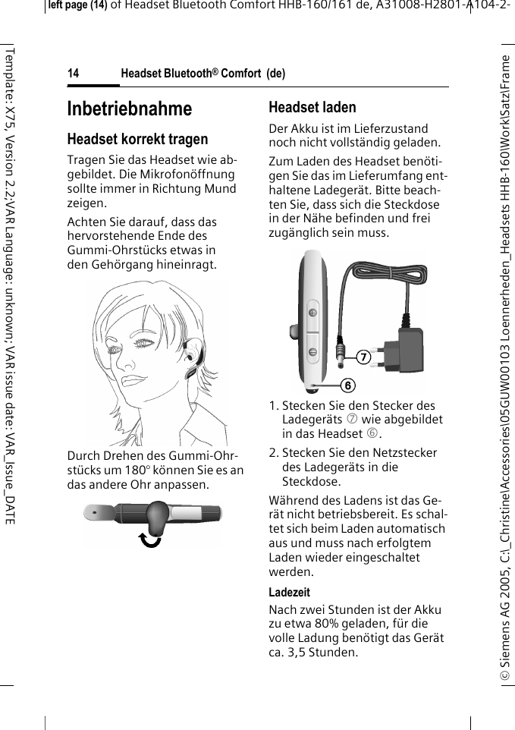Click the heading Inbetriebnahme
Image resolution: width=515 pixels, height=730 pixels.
(130, 109)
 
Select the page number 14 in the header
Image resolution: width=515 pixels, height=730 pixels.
(74, 74)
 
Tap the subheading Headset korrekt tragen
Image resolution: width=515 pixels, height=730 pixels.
(137, 140)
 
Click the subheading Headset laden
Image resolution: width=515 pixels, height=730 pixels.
(312, 107)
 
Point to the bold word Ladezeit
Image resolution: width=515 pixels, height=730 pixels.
(289, 592)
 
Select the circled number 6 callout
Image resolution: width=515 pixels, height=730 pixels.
(347, 385)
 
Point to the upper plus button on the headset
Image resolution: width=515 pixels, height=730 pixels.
(312, 314)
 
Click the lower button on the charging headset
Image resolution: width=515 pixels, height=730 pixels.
(312, 351)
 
